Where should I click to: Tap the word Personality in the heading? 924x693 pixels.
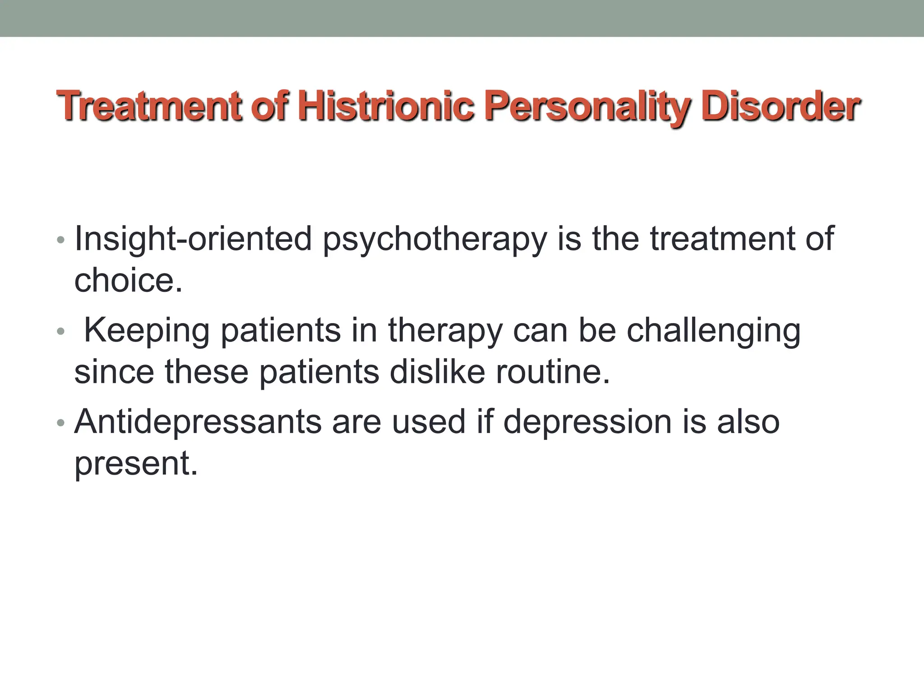[587, 107]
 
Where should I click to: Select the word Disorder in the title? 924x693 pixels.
[781, 106]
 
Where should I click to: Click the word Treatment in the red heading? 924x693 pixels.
[149, 106]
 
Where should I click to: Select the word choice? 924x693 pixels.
[128, 280]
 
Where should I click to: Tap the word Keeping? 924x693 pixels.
[147, 331]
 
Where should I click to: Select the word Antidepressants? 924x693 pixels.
[198, 422]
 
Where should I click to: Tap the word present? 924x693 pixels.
[136, 464]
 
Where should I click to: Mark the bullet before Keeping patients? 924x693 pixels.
[61, 332]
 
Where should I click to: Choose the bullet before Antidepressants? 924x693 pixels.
[61, 423]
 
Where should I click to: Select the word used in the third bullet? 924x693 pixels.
[428, 422]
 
